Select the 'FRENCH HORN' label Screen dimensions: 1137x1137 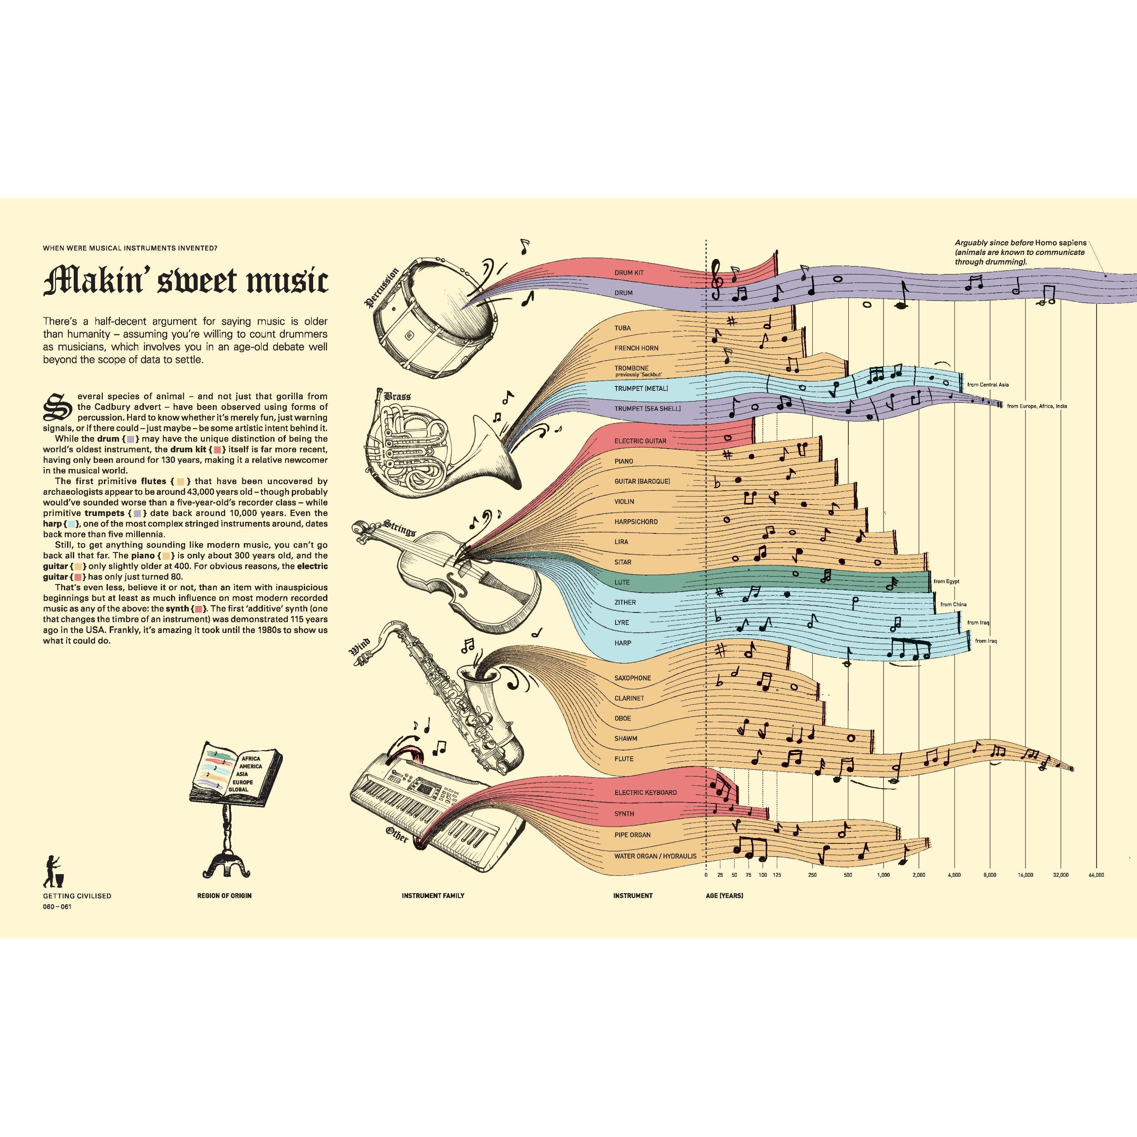coord(636,348)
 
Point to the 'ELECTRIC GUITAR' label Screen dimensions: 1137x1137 coord(640,441)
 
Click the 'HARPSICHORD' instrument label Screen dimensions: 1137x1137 coord(636,522)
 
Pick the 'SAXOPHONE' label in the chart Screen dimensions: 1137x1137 coord(632,678)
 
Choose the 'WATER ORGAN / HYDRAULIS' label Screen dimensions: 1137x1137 coord(655,856)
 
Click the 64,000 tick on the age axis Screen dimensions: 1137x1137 coord(1097,875)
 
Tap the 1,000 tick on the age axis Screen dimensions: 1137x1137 coord(883,875)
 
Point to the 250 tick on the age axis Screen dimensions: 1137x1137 coord(812,875)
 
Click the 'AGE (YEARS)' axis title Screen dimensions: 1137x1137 coord(724,896)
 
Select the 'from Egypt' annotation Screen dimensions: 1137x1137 coord(946,581)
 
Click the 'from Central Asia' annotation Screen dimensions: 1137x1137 coord(988,385)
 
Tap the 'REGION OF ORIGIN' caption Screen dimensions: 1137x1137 coord(224,896)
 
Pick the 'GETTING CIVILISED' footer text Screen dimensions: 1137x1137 coord(77,896)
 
